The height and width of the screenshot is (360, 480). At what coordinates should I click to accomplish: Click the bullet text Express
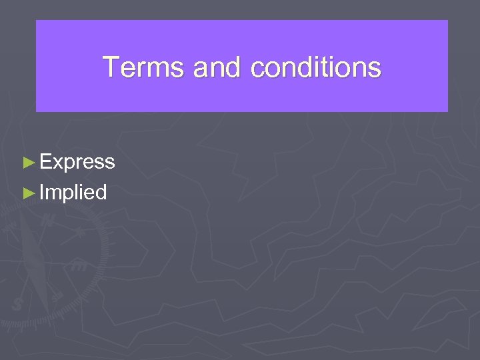77,162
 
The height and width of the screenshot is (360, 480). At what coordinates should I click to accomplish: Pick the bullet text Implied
73,193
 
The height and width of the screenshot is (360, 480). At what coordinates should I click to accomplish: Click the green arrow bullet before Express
28,162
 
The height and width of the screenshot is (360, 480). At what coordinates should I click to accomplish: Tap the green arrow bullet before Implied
28,193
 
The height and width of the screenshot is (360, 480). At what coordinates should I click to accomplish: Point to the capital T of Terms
110,67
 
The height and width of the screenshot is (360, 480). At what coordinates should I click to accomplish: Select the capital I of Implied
41,193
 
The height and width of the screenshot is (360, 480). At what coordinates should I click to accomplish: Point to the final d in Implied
101,193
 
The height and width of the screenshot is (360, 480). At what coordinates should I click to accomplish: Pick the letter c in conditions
257,69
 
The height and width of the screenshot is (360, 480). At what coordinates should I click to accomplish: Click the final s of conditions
375,69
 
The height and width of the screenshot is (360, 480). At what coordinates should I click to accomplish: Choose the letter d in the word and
236,67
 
